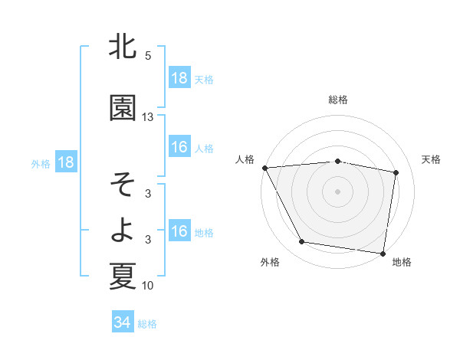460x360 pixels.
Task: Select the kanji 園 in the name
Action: (123, 107)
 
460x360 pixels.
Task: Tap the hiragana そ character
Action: (123, 185)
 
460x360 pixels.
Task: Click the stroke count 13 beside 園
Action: (148, 117)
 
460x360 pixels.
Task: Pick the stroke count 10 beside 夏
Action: (148, 286)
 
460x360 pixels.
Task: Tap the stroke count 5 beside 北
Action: (148, 56)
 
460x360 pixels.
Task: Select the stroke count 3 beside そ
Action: (148, 195)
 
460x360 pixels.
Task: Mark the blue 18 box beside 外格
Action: (65, 162)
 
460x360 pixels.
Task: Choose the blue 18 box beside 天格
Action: (179, 78)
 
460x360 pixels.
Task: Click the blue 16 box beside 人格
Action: (179, 147)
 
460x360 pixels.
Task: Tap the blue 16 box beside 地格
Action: (179, 231)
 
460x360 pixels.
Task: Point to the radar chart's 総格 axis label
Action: (338, 100)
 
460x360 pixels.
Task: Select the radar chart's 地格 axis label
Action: (402, 262)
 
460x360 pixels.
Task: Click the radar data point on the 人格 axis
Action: (264, 168)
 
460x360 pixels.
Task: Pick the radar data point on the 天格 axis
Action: (396, 172)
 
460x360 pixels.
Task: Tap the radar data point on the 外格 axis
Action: (302, 242)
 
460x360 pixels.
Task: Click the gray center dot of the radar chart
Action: (338, 191)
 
